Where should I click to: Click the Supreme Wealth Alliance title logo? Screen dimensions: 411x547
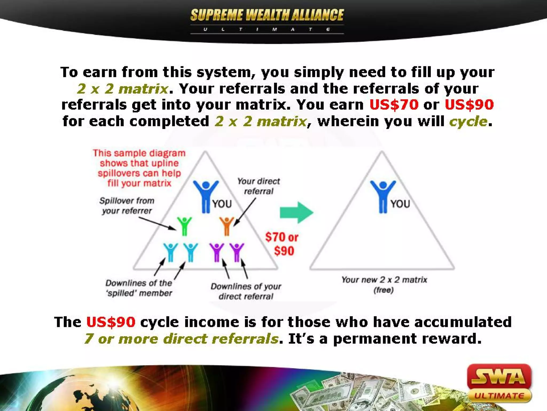(267, 16)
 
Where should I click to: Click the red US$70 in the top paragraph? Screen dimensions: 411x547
(394, 105)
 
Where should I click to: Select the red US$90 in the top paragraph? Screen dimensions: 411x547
(469, 105)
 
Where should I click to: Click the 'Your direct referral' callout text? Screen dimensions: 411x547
(258, 186)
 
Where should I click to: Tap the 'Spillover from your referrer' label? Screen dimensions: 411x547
(127, 206)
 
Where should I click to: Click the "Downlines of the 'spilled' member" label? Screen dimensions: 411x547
(139, 288)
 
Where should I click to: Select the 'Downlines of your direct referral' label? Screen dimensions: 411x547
(246, 291)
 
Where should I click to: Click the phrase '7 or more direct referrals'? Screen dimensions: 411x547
(182, 339)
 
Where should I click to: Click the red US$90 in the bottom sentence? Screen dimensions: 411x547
(111, 322)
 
